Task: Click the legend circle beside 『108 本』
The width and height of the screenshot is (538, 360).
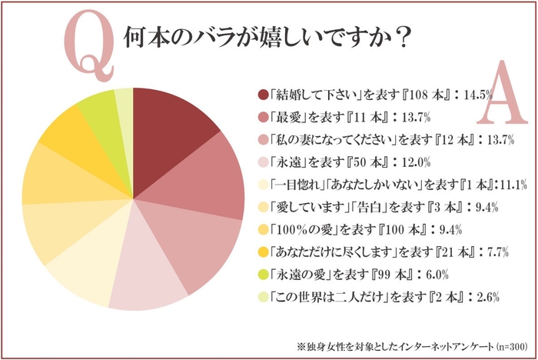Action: tap(264, 95)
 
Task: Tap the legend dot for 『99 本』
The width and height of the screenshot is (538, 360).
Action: tap(264, 273)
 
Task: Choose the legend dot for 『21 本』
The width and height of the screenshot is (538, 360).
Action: tap(264, 251)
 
